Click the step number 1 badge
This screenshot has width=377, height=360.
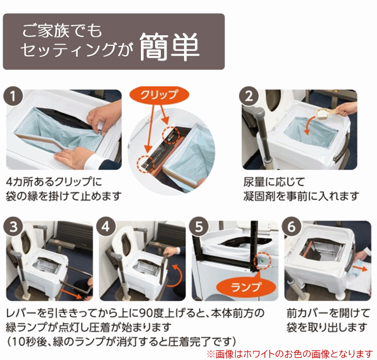[x=13, y=96]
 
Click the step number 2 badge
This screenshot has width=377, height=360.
[x=249, y=96]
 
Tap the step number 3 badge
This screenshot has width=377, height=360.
[x=13, y=226]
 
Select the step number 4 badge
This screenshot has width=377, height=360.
[x=106, y=226]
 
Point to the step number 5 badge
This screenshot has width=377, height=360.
[x=199, y=226]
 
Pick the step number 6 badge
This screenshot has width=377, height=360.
[x=292, y=226]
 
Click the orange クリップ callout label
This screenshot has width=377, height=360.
[x=159, y=95]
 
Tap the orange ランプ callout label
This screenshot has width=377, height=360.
[x=246, y=287]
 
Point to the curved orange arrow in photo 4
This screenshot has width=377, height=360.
[x=177, y=276]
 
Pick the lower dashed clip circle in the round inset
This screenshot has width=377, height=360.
[x=146, y=164]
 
